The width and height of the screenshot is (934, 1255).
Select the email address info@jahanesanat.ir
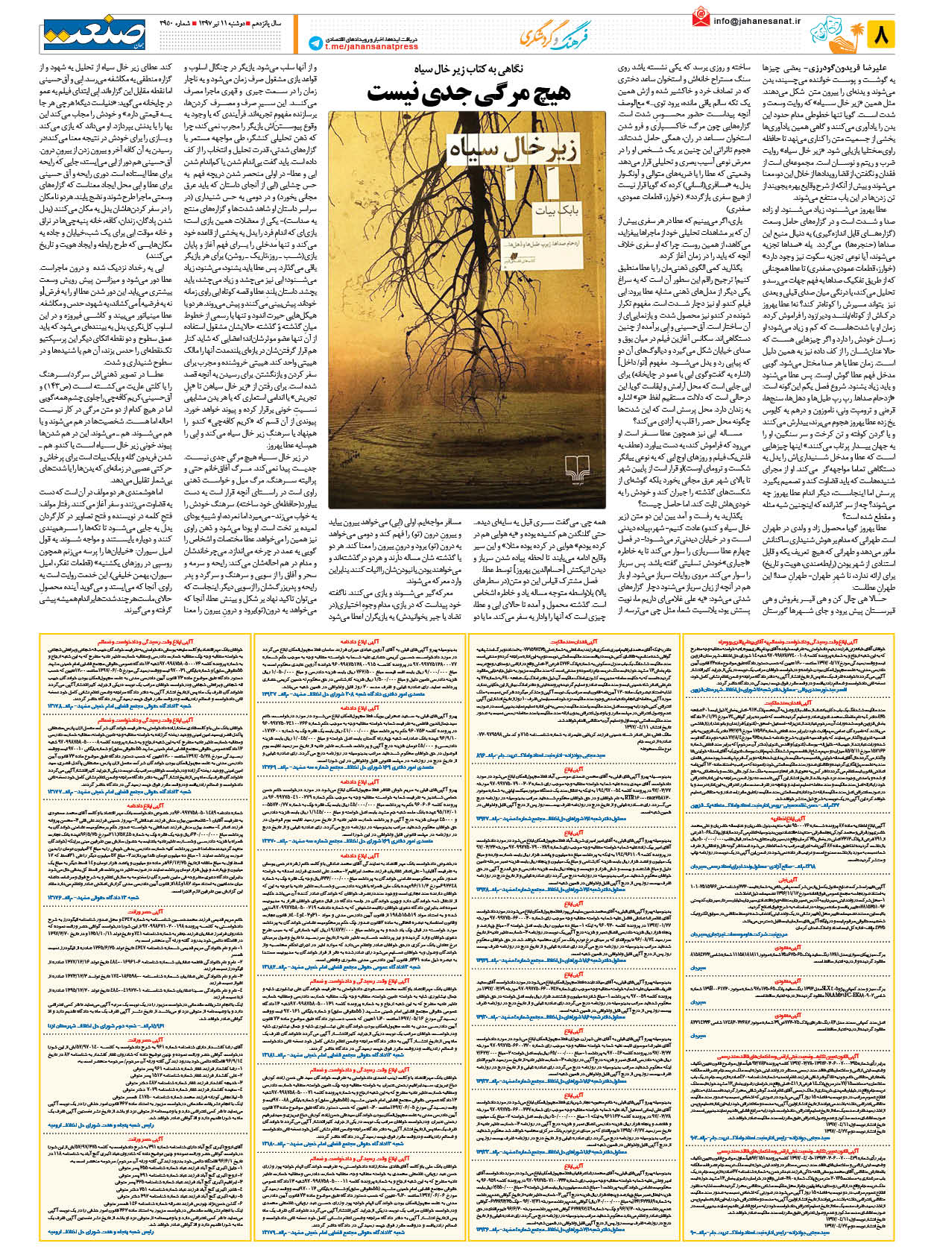pyautogui.click(x=757, y=22)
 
